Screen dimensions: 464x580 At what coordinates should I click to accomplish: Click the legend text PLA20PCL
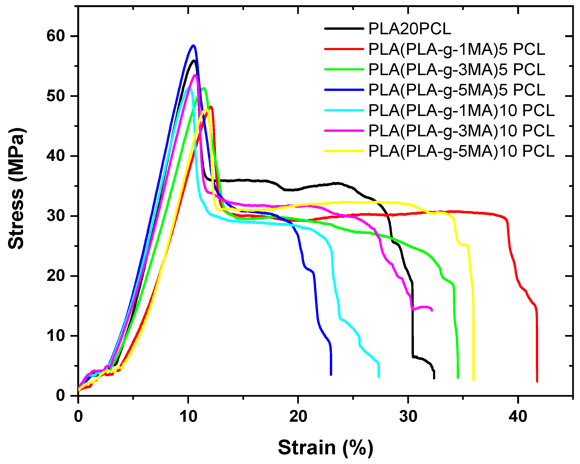(409, 29)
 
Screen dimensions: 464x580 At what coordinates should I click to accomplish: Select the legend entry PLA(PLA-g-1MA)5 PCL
(456, 49)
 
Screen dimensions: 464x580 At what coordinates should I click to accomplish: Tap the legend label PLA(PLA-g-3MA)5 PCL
(456, 69)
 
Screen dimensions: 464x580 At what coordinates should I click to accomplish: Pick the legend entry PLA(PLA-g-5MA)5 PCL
(456, 90)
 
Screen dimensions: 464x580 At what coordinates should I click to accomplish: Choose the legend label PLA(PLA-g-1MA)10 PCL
(461, 110)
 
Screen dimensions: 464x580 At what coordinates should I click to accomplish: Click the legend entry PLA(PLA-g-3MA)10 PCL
(461, 131)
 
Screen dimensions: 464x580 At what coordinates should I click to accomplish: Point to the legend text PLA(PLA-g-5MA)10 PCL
(461, 151)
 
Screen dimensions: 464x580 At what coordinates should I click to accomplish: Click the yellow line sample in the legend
(344, 151)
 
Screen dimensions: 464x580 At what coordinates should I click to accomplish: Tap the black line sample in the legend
(344, 29)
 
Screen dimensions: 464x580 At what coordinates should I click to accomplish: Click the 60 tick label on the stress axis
(56, 36)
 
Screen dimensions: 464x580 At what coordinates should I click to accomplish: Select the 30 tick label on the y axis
(56, 216)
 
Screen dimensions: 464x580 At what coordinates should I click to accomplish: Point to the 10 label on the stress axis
(56, 336)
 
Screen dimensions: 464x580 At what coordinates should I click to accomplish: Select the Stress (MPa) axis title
(16, 188)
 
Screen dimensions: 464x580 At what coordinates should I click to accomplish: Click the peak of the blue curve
(193, 45)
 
